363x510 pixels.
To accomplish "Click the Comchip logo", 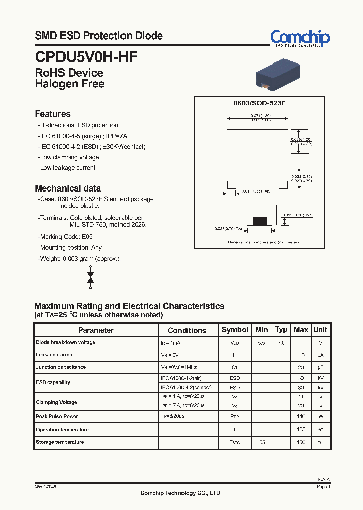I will click(x=299, y=38).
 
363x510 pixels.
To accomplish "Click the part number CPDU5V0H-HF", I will click(x=86, y=56).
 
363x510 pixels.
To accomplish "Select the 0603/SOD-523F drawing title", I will click(x=259, y=103).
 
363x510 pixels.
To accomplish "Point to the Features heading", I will click(x=52, y=114).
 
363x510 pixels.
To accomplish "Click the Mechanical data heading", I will click(x=68, y=188).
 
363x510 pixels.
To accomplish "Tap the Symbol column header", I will click(x=235, y=330).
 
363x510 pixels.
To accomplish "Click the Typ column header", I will click(x=281, y=330).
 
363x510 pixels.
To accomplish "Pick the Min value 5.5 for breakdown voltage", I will click(x=261, y=343).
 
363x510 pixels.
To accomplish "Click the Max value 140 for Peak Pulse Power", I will click(x=301, y=417).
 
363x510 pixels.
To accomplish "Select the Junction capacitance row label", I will click(x=61, y=367).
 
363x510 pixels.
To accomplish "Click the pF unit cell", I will click(x=320, y=367).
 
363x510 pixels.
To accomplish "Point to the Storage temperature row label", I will click(x=60, y=442).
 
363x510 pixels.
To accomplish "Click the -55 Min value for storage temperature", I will click(x=261, y=442).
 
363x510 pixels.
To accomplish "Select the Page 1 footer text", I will click(x=323, y=487).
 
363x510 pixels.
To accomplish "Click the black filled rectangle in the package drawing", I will click(x=259, y=220).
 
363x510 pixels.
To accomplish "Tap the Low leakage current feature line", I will click(x=67, y=168).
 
